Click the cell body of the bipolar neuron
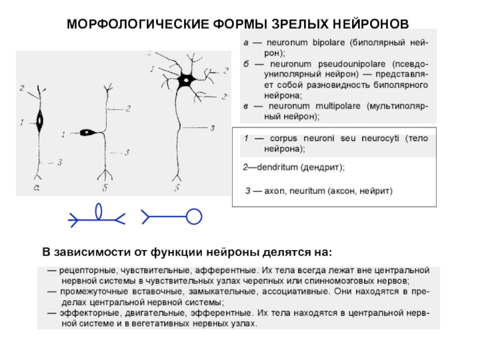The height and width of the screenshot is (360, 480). [41, 122]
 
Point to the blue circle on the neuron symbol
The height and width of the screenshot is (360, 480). [193, 216]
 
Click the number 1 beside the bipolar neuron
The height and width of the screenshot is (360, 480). [22, 123]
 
